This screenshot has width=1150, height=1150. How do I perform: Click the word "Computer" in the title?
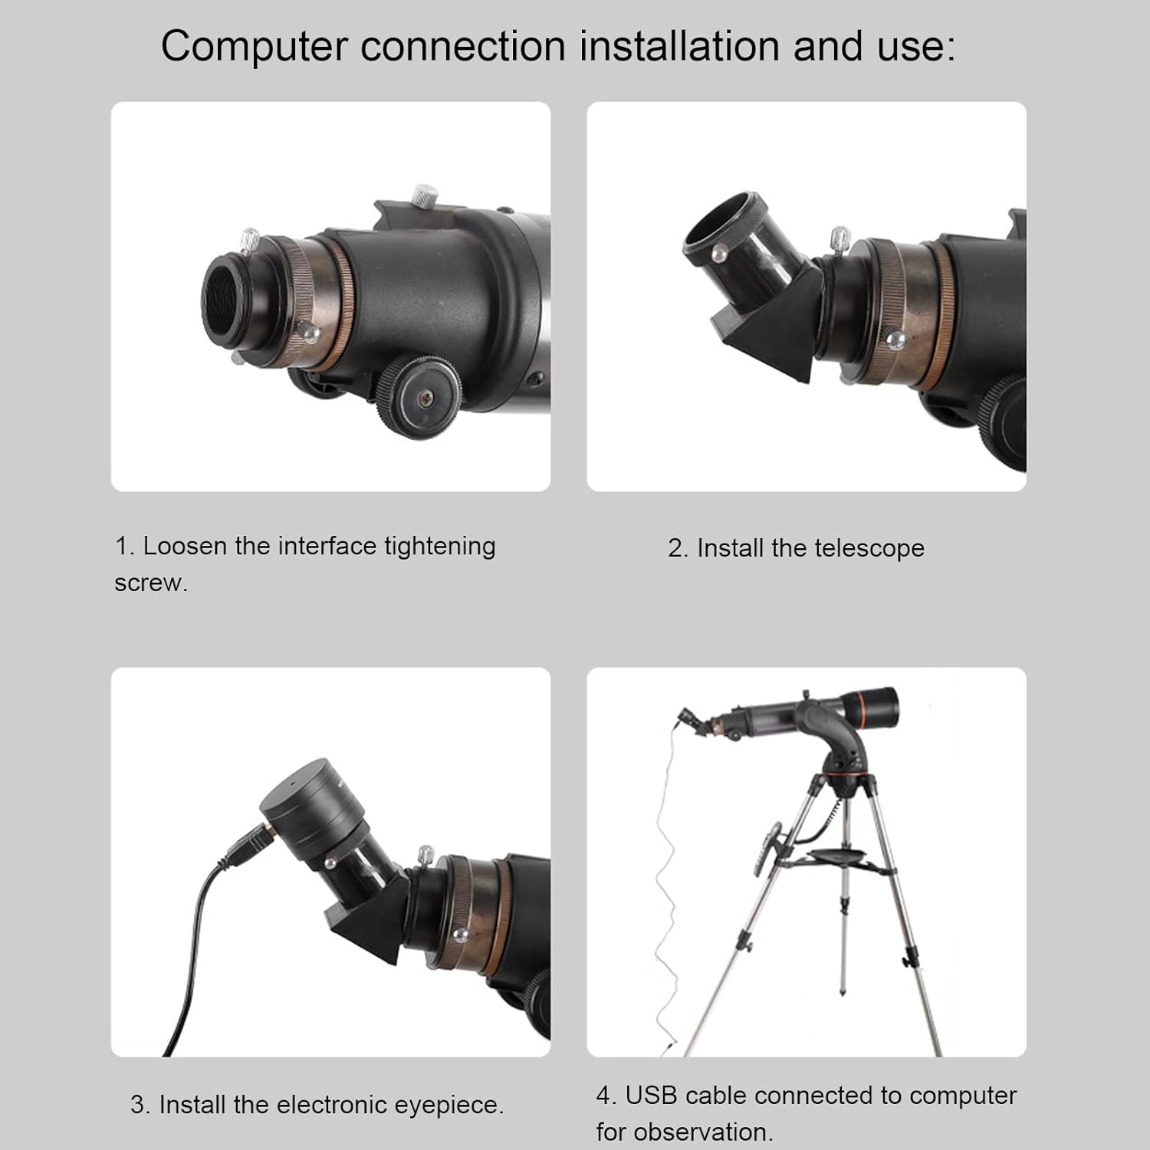pyautogui.click(x=254, y=47)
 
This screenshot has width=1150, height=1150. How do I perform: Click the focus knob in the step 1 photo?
pyautogui.click(x=419, y=396)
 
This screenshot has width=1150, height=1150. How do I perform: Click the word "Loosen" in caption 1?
pyautogui.click(x=186, y=546)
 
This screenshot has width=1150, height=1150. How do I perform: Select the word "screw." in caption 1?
pyautogui.click(x=151, y=583)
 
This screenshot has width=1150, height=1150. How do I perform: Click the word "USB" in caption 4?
pyautogui.click(x=652, y=1096)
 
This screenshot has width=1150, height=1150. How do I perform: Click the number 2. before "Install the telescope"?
pyautogui.click(x=678, y=548)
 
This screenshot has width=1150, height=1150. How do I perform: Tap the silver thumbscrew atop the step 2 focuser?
pyautogui.click(x=840, y=239)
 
